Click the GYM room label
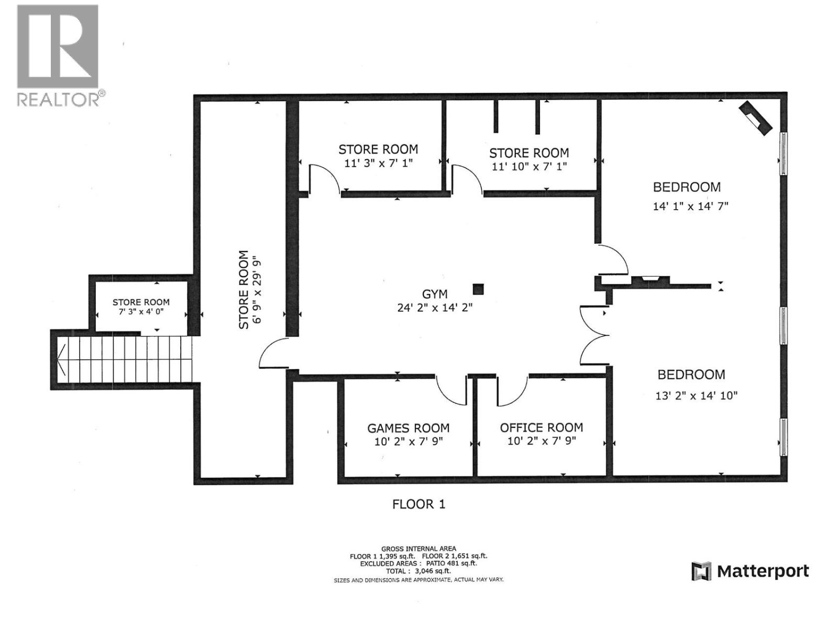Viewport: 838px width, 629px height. coord(435,295)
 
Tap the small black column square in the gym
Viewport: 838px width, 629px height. coord(478,289)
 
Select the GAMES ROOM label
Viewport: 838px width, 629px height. coord(408,428)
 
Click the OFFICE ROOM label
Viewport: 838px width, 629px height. coord(541,428)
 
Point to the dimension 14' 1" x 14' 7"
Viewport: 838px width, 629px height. coord(690,207)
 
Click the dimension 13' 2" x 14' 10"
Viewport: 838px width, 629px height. coord(696,396)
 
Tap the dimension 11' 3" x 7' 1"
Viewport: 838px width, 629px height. coord(378,163)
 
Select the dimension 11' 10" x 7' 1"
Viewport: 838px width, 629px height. coord(529,166)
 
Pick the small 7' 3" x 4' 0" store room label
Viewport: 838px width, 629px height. coord(141,306)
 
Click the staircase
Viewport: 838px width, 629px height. coord(126,360)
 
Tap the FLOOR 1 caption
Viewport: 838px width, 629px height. coord(418,504)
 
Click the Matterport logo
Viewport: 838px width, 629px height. coord(750,571)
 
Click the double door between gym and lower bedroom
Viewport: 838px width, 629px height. coord(594,335)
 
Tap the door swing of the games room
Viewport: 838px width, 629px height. coord(450,391)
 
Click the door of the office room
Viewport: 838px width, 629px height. coord(512,391)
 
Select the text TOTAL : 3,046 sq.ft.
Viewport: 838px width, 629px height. coord(418,571)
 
